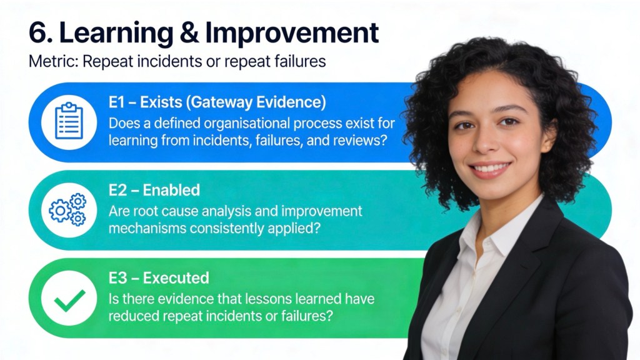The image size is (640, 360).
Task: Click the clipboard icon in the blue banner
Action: point(69,121)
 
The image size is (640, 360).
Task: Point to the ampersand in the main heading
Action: point(189,33)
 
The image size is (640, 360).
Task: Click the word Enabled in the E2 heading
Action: point(171,190)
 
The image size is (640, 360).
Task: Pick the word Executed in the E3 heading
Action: point(176,278)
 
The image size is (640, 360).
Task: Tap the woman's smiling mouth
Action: point(490,169)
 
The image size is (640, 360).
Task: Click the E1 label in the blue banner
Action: point(116,102)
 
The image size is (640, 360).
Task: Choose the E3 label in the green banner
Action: point(117,278)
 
